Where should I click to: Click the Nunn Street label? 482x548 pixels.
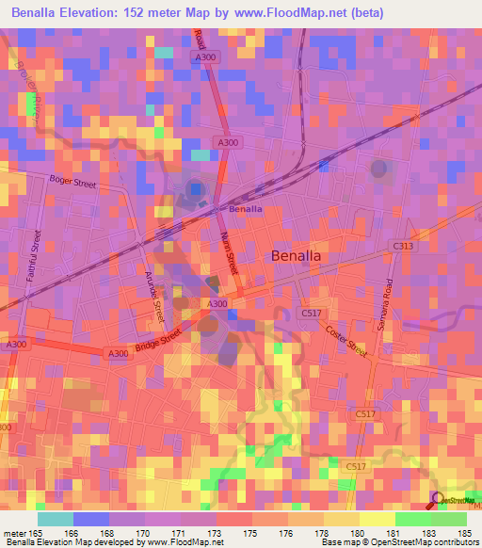coord(230,255)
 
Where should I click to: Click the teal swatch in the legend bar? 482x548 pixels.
coord(55,519)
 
